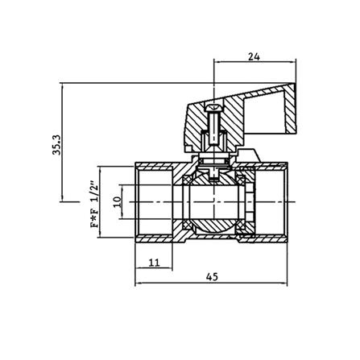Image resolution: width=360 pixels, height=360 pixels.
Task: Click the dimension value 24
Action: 254,56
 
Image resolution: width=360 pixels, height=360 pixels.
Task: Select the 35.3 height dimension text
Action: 57,145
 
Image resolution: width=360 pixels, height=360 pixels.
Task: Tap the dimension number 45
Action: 213,277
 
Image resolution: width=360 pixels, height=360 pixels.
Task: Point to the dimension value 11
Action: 154,263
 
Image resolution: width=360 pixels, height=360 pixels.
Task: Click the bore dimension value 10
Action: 117,202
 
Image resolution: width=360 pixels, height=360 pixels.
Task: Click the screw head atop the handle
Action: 213,109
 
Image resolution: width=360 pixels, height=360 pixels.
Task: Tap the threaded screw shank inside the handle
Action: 213,127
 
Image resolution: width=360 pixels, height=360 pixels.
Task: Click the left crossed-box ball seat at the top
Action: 187,180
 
